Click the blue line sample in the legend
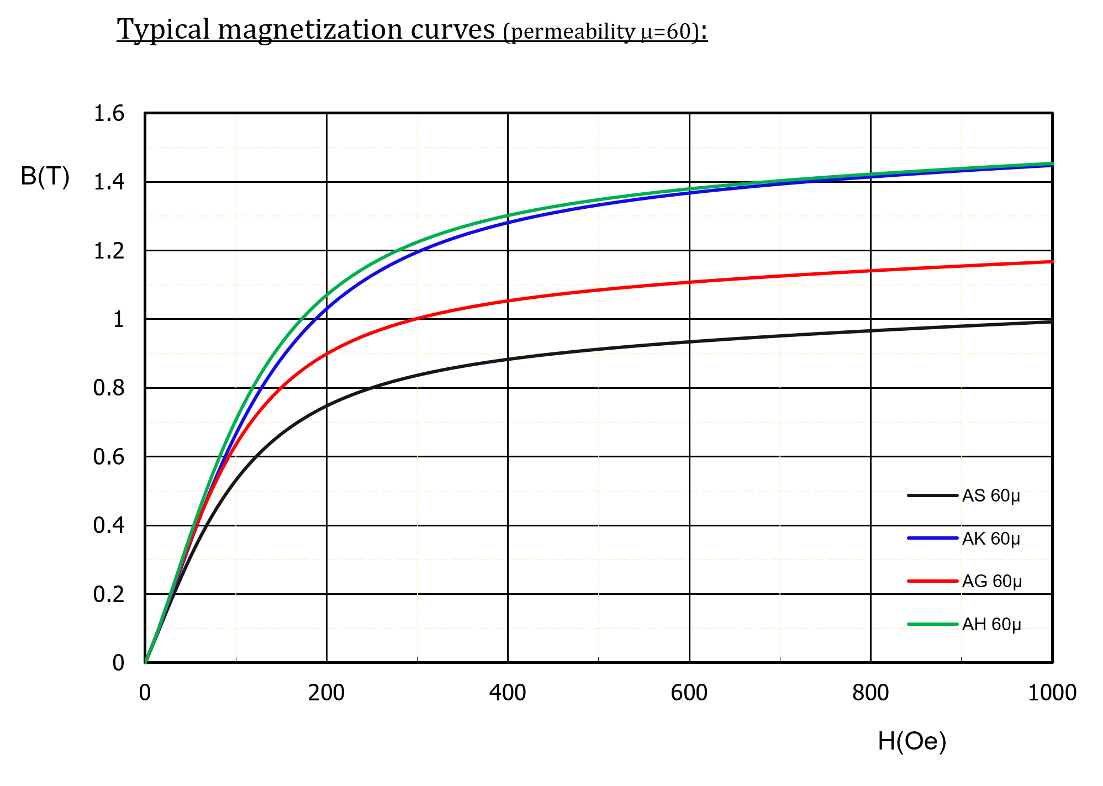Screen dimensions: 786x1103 [932, 538]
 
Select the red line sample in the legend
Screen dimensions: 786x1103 [932, 581]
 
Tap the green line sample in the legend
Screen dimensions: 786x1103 [932, 624]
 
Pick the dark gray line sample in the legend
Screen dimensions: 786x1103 [932, 495]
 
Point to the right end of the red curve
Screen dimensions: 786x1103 [1053, 262]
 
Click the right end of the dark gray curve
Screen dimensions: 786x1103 [1053, 321]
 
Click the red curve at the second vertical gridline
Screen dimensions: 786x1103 [418, 318]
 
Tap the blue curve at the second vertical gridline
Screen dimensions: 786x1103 [418, 252]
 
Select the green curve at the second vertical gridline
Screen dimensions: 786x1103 [418, 241]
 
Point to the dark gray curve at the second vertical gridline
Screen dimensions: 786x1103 [418, 376]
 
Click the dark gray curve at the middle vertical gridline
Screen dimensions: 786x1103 [599, 349]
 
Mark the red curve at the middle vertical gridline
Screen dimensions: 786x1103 [599, 290]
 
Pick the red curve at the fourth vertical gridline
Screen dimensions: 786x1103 [780, 276]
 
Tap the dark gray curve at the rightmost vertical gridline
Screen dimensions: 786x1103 [962, 326]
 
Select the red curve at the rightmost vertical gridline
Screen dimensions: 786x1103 [962, 267]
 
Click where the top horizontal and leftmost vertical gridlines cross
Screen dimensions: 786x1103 [236, 147]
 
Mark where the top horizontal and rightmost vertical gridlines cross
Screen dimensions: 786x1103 [962, 147]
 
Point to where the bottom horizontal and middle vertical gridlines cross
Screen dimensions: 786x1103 [599, 628]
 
